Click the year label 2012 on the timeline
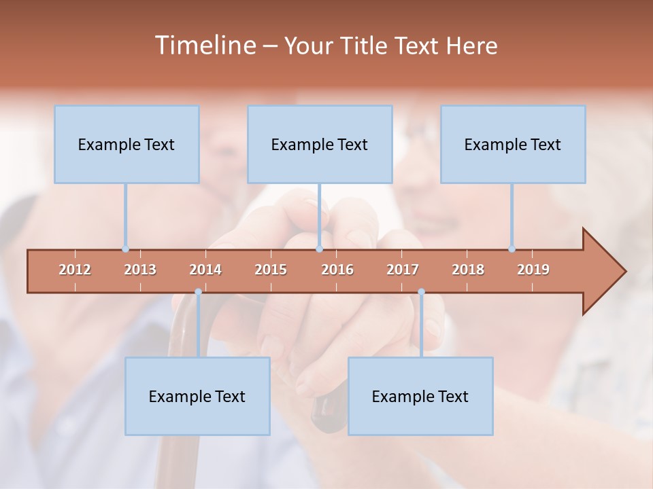point(75,270)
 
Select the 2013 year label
point(140,270)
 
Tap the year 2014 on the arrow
point(205,270)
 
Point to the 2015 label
point(271,270)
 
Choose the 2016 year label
point(337,270)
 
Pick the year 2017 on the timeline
point(403,270)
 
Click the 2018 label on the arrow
point(468,270)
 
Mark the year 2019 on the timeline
point(533,270)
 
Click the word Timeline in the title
point(204,46)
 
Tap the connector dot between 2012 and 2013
point(125,249)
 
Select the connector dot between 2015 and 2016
point(319,249)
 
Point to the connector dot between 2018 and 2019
point(512,249)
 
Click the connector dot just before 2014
point(198,292)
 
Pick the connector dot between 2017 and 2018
point(421,292)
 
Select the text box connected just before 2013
point(127,144)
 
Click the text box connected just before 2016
point(320,144)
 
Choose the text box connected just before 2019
point(513,144)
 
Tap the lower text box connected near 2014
point(197,396)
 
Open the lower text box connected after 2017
point(420,396)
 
